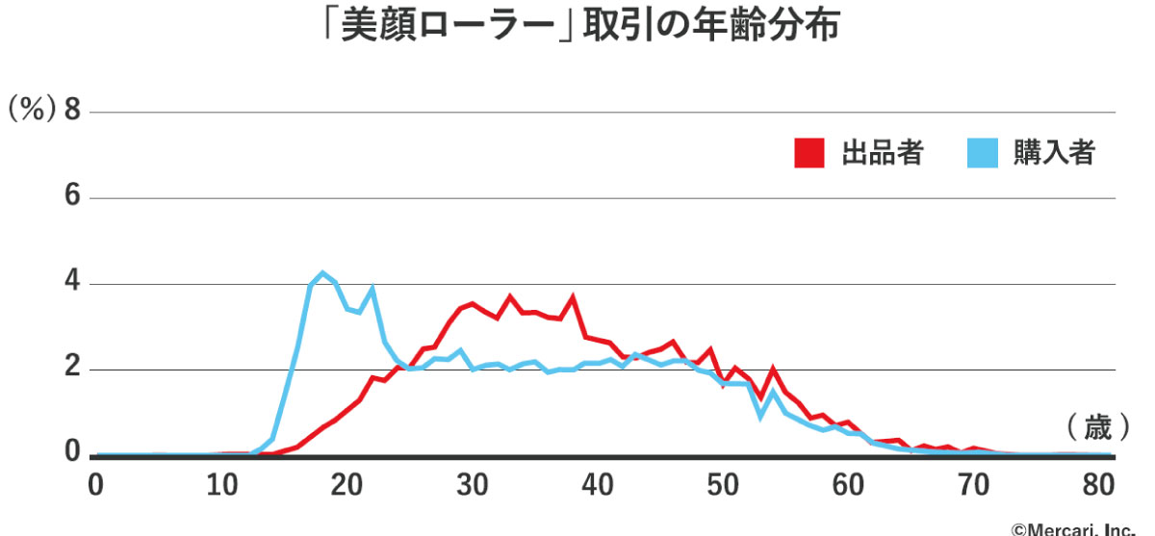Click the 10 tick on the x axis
[221, 484]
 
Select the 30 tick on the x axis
[473, 484]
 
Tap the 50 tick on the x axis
[724, 484]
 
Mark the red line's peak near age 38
[573, 297]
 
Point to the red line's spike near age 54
[773, 369]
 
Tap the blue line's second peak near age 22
[372, 288]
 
